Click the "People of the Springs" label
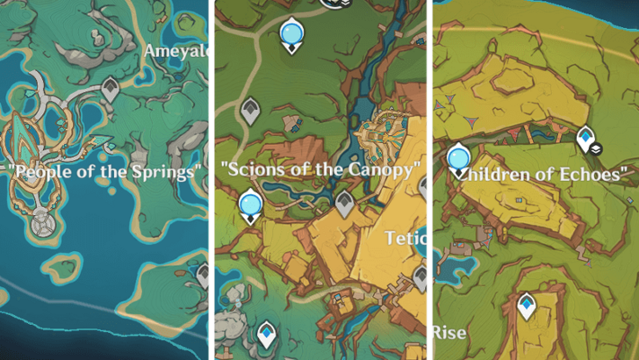104,171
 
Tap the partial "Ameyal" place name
177,52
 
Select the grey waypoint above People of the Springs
110,88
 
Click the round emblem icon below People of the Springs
40,226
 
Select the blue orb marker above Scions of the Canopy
290,35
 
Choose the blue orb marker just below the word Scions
251,205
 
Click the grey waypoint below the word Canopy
344,204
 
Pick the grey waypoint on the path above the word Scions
250,110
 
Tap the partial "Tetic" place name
405,237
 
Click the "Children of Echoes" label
545,174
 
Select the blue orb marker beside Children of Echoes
457,160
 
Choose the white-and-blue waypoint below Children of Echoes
527,305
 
